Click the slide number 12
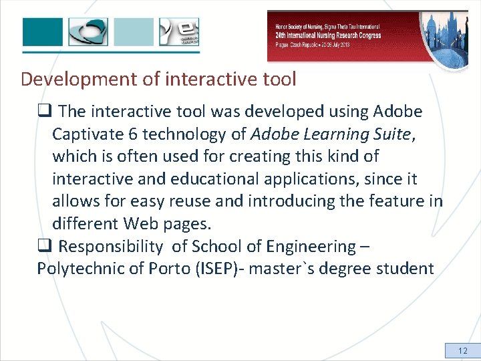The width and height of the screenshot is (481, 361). [x=463, y=350]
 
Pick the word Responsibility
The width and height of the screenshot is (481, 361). [x=110, y=247]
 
